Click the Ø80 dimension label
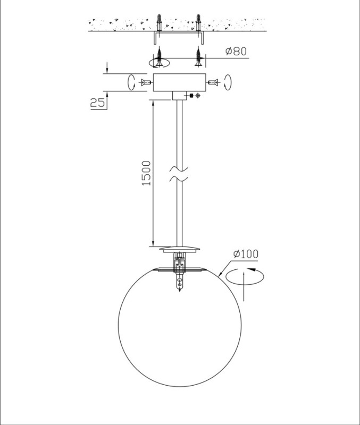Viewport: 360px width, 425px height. tap(236, 51)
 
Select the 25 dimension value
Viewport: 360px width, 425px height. tap(97, 103)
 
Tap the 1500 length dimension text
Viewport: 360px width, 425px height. tap(146, 173)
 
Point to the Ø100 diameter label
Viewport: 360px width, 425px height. tap(246, 254)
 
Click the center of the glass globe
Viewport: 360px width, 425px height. tap(180, 326)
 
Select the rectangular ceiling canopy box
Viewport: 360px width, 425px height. tap(179, 82)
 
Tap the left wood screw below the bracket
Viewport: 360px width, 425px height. tap(159, 56)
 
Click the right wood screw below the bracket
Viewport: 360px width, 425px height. tap(199, 56)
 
